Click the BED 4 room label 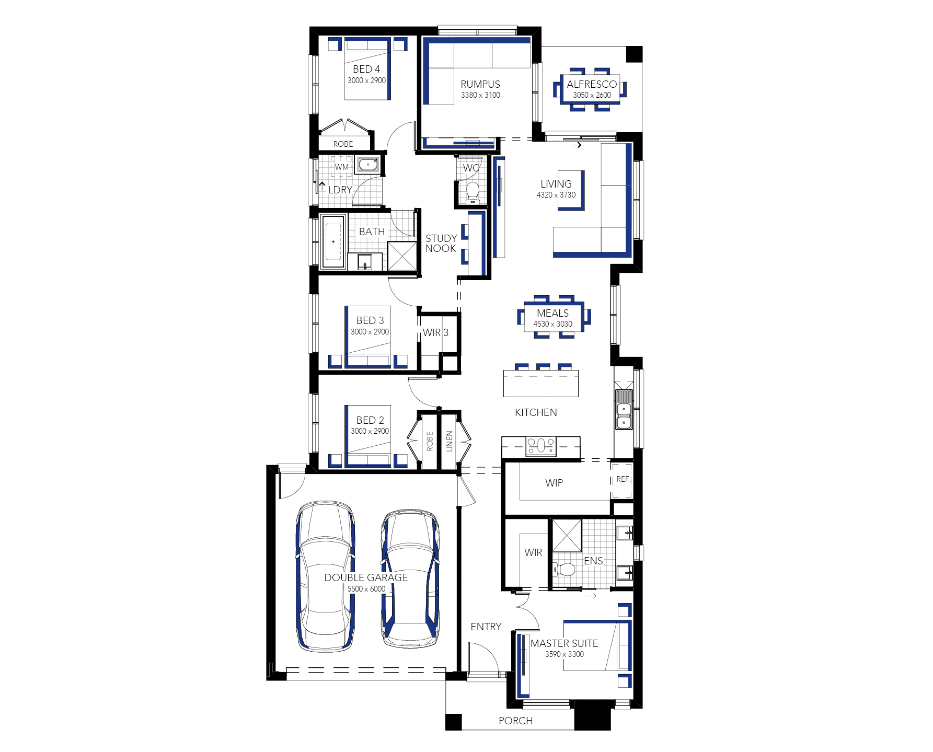pos(366,69)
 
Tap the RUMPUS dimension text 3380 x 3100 pos(480,95)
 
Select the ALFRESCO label pos(592,84)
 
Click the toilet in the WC pos(473,192)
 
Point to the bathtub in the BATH pos(333,241)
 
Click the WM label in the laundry pos(342,167)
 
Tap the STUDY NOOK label pos(441,244)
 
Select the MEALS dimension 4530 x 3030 pos(552,324)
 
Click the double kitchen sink pos(624,409)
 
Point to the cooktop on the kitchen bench pos(541,446)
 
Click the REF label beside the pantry pos(623,479)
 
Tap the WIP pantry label pos(554,483)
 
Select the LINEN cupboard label pos(449,441)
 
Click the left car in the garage pos(325,576)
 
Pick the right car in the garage pos(410,579)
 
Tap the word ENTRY pos(486,627)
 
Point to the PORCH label pos(515,721)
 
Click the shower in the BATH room pos(402,256)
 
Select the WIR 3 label pos(435,332)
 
